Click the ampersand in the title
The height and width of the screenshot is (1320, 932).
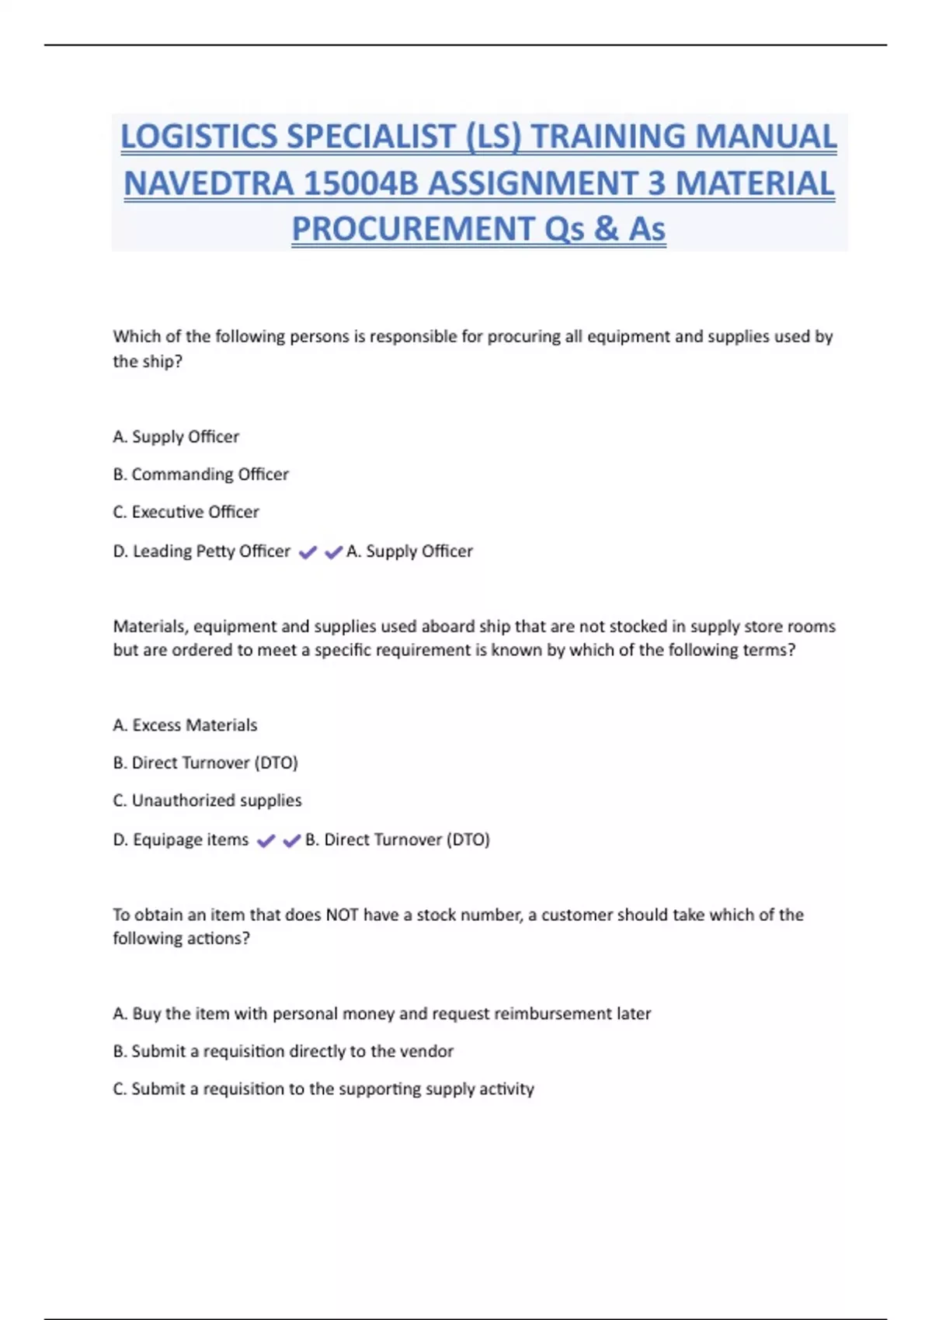pyautogui.click(x=606, y=229)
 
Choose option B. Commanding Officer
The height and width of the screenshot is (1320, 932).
pyautogui.click(x=200, y=474)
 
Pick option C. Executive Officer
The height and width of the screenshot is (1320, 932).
pyautogui.click(x=186, y=512)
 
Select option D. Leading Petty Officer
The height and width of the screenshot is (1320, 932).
pyautogui.click(x=201, y=551)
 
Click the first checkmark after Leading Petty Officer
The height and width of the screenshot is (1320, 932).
pyautogui.click(x=308, y=552)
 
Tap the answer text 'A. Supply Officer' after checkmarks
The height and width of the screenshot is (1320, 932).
pyautogui.click(x=409, y=551)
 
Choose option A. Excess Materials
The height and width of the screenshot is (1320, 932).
pyautogui.click(x=185, y=725)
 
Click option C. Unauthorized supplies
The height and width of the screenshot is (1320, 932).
pyautogui.click(x=207, y=801)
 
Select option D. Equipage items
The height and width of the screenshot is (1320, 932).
pyautogui.click(x=180, y=840)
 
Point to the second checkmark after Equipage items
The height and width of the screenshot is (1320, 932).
pyautogui.click(x=292, y=841)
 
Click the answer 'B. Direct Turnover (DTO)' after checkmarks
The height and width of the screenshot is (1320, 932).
pyautogui.click(x=398, y=840)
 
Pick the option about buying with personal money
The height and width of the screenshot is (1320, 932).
pyautogui.click(x=381, y=1014)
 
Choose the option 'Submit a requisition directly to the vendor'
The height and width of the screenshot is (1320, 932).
pyautogui.click(x=283, y=1051)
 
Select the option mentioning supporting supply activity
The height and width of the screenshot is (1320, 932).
pyautogui.click(x=323, y=1089)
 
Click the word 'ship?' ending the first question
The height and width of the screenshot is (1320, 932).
pyautogui.click(x=162, y=362)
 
